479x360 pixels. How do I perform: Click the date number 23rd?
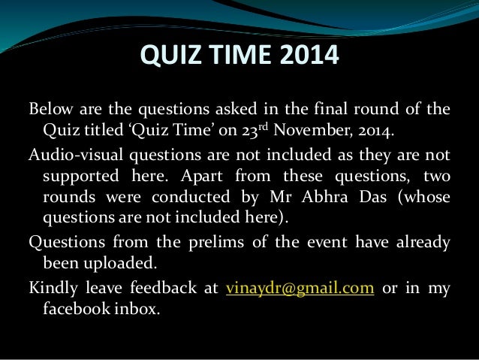click(x=255, y=131)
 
